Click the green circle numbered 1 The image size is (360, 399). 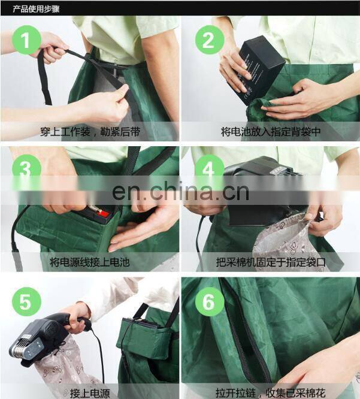tap(26, 40)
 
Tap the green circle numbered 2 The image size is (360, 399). tap(210, 40)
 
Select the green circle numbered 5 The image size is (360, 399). tap(26, 302)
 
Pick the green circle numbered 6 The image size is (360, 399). tap(210, 302)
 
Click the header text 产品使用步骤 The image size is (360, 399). tap(36, 9)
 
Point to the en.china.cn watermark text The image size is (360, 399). tap(180, 191)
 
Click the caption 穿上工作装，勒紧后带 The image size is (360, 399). tap(90, 132)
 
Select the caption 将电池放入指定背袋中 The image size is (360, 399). tap(270, 132)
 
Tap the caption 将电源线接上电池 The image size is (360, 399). tap(90, 262)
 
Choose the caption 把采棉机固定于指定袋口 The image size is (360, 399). tap(271, 262)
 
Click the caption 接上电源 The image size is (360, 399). tap(90, 393)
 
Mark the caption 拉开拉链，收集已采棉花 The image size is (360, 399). tap(270, 393)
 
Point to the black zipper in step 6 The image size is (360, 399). tap(244, 336)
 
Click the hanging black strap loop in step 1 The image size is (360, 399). tap(44, 76)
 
